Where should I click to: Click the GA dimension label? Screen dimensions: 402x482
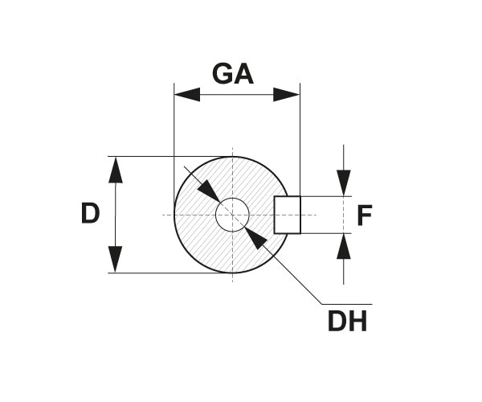pos(233,74)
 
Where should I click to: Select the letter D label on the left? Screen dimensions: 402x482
pos(90,214)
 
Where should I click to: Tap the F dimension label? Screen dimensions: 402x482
pos(365,215)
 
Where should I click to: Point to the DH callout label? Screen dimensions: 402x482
pos(347,322)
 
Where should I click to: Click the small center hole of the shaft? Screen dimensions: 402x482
pos(232,215)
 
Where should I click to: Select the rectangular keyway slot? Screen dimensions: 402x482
pos(287,215)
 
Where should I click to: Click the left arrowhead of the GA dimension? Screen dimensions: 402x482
pos(187,94)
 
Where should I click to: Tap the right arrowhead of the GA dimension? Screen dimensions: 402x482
pos(287,94)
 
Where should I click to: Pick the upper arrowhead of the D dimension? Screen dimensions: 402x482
pos(116,170)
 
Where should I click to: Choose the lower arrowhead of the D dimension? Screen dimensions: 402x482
pos(116,260)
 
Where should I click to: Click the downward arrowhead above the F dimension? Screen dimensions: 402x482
pos(344,183)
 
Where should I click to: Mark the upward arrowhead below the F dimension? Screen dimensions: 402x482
pos(344,247)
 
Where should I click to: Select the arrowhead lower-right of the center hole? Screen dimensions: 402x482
pos(255,238)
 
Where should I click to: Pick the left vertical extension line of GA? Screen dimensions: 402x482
pos(174,137)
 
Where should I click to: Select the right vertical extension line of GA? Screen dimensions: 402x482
pos(300,137)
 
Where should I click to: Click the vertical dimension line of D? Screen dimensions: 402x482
pos(116,215)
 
